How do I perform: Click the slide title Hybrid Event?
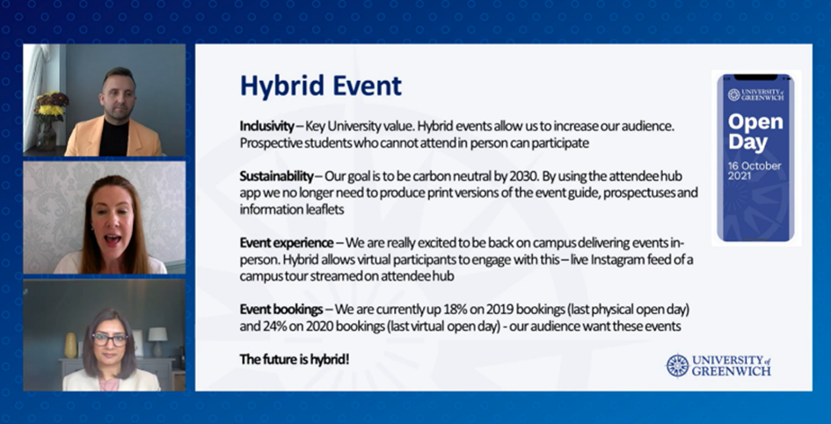(321, 86)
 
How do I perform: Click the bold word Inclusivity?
(266, 127)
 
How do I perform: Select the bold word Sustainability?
(277, 177)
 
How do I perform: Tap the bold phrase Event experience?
(287, 243)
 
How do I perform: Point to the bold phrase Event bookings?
(281, 309)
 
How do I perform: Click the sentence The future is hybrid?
(295, 359)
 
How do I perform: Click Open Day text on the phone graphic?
(755, 132)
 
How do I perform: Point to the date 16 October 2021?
(754, 171)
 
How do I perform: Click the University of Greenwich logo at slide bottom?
(718, 365)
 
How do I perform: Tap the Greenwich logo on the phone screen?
(755, 95)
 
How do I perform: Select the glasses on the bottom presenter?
(110, 340)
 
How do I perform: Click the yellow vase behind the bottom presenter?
(70, 345)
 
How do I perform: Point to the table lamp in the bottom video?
(157, 340)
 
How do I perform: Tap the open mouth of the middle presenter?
(113, 239)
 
